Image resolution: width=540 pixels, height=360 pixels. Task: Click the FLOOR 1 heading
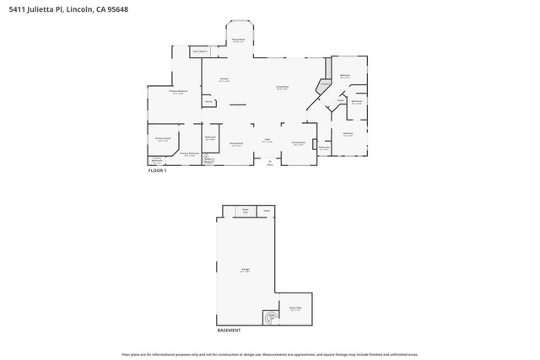(x=158, y=171)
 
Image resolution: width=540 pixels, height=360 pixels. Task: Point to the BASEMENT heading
(x=229, y=330)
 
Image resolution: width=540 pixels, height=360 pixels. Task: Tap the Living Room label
(x=283, y=87)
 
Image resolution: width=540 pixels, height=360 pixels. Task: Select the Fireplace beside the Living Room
(x=323, y=84)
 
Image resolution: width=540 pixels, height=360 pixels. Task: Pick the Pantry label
(x=208, y=101)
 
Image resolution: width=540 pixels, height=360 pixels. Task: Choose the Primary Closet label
(x=162, y=139)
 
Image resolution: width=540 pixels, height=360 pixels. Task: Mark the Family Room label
(x=297, y=143)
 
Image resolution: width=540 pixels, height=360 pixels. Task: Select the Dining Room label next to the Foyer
(x=238, y=143)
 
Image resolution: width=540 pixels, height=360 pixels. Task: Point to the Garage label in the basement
(x=245, y=270)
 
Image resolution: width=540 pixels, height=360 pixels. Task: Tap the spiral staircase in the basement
(x=270, y=318)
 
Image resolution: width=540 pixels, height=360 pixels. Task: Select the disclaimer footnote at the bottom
(x=270, y=354)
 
